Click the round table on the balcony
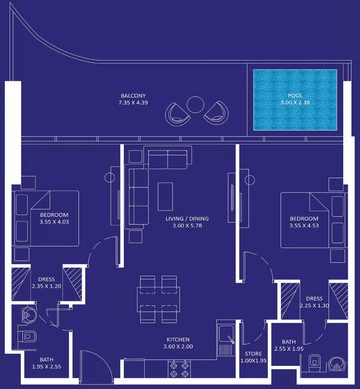(x=195, y=105)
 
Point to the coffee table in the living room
(x=166, y=195)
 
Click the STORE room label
(x=253, y=354)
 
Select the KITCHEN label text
(x=178, y=340)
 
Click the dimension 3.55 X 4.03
(x=54, y=222)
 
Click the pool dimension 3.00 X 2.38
(x=296, y=103)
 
